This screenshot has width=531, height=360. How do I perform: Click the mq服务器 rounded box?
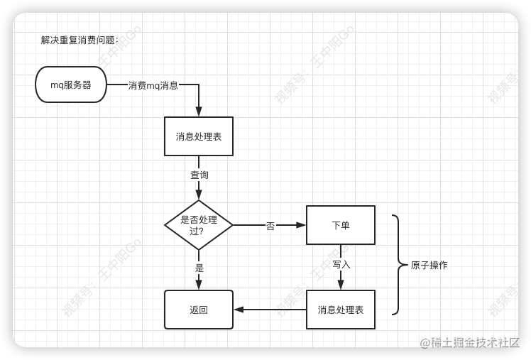(71, 84)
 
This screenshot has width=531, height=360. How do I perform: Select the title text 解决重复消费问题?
(80, 40)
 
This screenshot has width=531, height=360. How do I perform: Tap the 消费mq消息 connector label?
(153, 85)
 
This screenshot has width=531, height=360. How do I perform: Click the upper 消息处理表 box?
(199, 136)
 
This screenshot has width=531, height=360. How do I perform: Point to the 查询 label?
(199, 175)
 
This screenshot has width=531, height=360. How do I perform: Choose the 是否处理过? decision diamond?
(199, 225)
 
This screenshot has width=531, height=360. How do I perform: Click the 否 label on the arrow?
(270, 226)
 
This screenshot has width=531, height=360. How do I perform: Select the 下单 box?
(341, 225)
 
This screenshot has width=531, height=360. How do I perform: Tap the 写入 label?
(341, 265)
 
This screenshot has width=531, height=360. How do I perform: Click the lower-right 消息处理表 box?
(341, 310)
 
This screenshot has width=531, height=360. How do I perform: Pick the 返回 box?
(199, 310)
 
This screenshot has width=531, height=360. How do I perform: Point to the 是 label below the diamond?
(199, 268)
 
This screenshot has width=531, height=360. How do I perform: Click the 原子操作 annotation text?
(429, 265)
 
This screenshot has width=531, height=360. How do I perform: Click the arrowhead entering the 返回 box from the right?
(239, 310)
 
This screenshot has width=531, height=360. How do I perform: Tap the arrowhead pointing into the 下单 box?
(301, 225)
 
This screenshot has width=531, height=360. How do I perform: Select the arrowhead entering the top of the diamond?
(199, 195)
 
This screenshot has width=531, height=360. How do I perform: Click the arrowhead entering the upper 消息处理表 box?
(199, 111)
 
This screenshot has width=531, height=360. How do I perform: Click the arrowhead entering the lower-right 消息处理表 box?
(341, 285)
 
